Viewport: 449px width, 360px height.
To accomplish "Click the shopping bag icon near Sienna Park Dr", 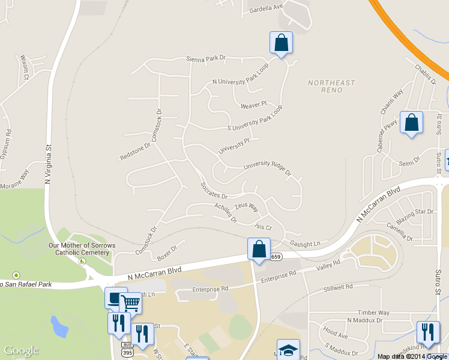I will point(281,43).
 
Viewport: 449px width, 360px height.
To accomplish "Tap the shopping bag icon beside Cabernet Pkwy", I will point(411,122).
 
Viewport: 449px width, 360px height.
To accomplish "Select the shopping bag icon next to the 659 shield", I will point(259,249).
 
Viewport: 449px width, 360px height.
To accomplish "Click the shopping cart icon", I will point(131,302).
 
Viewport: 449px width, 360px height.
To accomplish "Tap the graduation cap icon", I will point(288,350).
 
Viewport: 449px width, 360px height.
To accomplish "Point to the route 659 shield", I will point(276,257).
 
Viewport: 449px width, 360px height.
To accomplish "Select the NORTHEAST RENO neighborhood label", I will point(331,86).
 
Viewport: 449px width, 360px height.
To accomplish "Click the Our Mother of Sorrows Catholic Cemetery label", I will point(79,249).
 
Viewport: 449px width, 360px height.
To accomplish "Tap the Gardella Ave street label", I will point(265,7).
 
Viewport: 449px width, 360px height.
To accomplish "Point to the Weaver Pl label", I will point(253,105).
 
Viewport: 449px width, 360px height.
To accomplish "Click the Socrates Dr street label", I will point(214,191).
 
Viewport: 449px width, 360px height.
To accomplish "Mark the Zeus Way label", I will point(246,207).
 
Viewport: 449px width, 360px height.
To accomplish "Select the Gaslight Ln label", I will point(306,244).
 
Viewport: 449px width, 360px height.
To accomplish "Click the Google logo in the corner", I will point(21,350).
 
